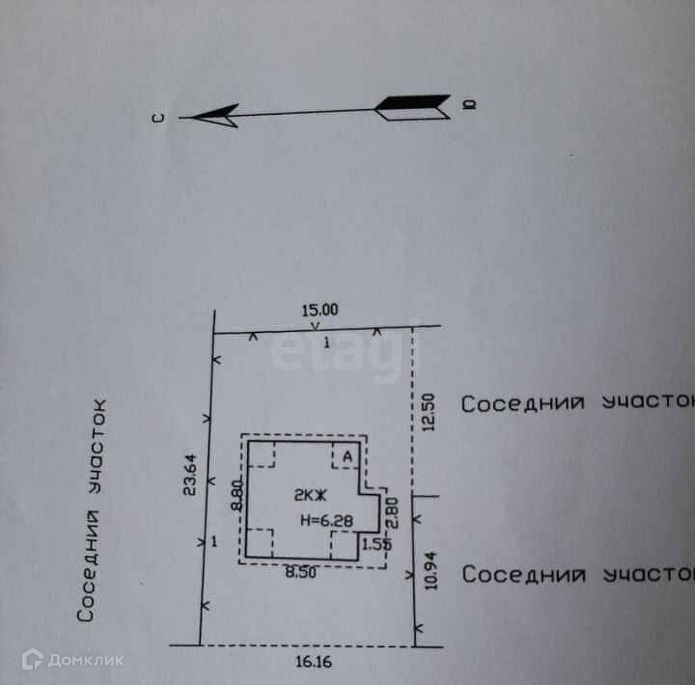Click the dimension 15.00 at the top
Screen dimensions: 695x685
pos(320,311)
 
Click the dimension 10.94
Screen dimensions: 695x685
pos(430,572)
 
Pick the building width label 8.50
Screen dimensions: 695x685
pos(300,572)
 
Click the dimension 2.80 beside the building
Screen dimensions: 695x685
pos(392,510)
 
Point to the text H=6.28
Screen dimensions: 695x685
pos(322,520)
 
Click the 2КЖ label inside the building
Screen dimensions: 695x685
pos(311,495)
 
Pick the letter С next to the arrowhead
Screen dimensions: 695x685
pos(159,118)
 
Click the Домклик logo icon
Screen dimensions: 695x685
pos(33,659)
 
